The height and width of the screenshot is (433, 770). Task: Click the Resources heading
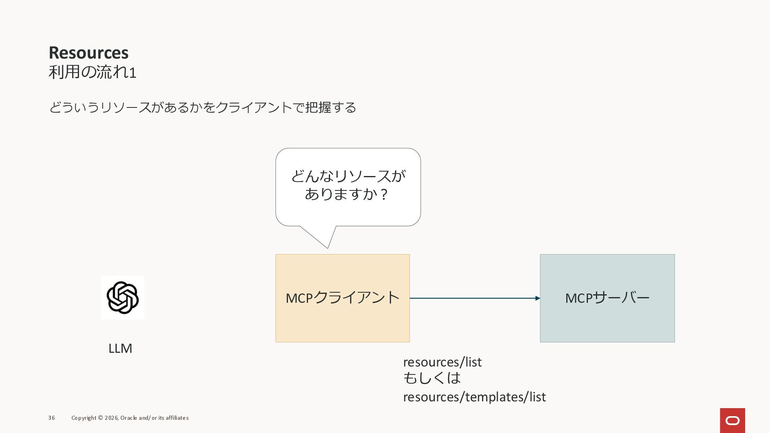click(x=89, y=53)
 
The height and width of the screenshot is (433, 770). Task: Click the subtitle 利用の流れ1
click(x=92, y=73)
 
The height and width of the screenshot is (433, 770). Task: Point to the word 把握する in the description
click(x=330, y=107)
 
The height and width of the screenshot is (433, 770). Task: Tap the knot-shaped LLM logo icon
click(x=123, y=297)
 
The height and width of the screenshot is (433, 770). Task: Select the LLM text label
click(x=120, y=348)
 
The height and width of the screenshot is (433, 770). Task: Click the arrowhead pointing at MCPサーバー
click(x=537, y=298)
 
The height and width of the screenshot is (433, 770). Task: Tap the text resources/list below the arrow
click(x=442, y=362)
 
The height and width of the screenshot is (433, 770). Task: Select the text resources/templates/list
click(x=474, y=397)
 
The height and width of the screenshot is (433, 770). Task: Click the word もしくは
click(x=432, y=378)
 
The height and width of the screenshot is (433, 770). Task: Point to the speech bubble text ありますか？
click(x=346, y=194)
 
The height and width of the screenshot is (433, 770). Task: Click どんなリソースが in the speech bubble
click(x=348, y=176)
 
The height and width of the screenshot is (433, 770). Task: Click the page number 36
click(x=51, y=418)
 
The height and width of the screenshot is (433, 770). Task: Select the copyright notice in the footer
click(x=130, y=418)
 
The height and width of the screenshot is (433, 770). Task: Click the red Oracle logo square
click(x=732, y=420)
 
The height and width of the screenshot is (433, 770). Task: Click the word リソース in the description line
click(x=125, y=107)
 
